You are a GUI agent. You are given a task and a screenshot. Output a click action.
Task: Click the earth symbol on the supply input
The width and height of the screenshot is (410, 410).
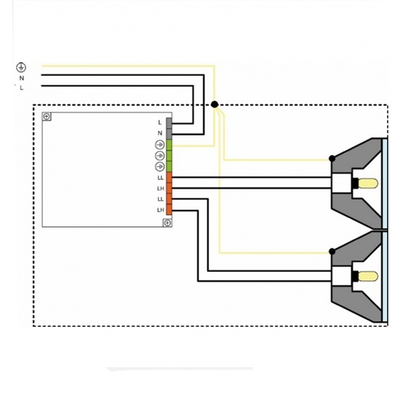point(21,67)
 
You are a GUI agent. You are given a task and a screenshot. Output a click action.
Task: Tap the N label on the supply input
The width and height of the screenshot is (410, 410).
point(22,78)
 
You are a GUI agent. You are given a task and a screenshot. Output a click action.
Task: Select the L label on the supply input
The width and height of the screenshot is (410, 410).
point(22,87)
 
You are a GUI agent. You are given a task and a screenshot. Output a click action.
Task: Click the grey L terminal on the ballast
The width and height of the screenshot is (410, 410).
point(168,122)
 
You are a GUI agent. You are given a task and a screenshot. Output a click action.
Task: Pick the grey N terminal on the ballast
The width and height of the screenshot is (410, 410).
point(168,133)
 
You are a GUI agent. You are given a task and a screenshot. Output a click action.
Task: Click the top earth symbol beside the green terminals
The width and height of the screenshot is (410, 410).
point(159,144)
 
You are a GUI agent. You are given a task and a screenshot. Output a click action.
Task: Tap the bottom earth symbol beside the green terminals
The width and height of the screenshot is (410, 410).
point(159,166)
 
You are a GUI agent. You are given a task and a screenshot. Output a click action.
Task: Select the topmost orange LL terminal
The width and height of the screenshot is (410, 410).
point(168,178)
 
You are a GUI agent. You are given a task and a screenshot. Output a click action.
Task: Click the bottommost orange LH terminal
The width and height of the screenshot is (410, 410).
point(168,208)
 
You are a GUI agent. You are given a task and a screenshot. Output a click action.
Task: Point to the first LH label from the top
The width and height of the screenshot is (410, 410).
point(160,189)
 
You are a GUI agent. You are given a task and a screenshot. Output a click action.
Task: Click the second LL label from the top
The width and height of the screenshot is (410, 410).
point(160,199)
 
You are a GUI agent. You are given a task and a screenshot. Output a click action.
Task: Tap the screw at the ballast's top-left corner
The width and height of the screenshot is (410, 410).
point(46,116)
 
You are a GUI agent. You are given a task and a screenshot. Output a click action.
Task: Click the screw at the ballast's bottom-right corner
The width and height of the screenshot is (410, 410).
point(167,223)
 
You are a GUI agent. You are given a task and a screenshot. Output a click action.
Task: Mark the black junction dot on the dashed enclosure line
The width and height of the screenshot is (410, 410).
point(215,105)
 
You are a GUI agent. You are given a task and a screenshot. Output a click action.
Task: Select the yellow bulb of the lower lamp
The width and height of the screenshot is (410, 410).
point(369,277)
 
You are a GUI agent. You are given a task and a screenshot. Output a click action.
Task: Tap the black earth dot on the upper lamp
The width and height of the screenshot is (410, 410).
point(332,159)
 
